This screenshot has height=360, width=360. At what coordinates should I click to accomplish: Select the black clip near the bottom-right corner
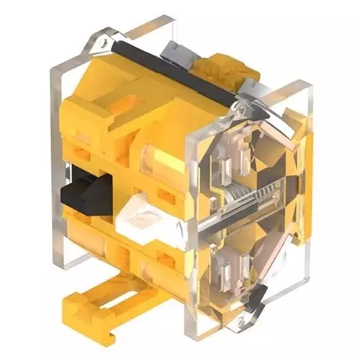pos(258,295)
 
